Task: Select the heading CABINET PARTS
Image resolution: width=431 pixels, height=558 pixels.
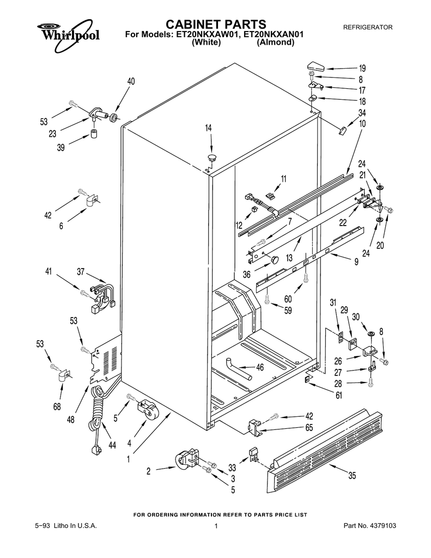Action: tap(215, 24)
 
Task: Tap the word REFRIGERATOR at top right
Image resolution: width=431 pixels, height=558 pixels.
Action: tap(367, 27)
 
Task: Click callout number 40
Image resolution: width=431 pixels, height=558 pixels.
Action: tap(131, 81)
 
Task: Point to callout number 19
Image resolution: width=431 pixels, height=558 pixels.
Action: tap(362, 69)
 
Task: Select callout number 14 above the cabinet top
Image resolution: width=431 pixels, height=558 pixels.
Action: tap(209, 128)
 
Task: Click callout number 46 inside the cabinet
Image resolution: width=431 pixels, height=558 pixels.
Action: tap(260, 367)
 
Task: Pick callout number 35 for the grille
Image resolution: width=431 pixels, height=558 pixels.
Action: tap(352, 476)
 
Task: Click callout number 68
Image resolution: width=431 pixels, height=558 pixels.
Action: tap(57, 406)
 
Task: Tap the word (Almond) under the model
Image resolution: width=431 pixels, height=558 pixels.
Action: tap(275, 42)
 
